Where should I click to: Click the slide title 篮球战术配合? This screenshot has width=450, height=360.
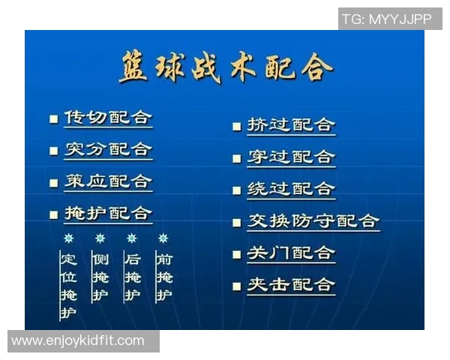click(x=225, y=69)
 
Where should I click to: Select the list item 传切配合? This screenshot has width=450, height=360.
click(x=107, y=118)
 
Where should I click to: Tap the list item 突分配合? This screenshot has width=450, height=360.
click(x=107, y=149)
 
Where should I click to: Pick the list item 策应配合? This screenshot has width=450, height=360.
click(x=107, y=181)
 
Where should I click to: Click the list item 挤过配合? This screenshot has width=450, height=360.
click(x=291, y=125)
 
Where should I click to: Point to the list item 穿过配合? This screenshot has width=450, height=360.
click(x=291, y=157)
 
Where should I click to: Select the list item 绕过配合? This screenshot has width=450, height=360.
click(x=291, y=189)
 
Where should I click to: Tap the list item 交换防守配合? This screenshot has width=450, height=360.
click(x=313, y=221)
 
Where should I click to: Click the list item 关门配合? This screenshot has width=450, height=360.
click(x=291, y=253)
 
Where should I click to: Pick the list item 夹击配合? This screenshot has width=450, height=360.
click(x=291, y=285)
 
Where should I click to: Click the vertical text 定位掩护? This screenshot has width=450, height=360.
click(x=68, y=286)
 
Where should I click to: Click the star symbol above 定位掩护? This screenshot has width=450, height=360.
click(x=68, y=238)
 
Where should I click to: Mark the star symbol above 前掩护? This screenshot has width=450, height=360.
click(x=163, y=238)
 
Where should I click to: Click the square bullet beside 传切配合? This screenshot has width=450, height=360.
click(x=53, y=119)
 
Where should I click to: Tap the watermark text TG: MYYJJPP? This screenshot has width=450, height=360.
click(x=386, y=19)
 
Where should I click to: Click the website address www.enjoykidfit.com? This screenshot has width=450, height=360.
click(x=78, y=341)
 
